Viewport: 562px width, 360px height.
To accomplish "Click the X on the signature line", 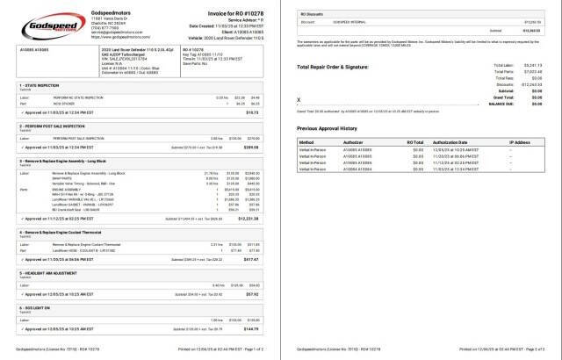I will (300, 98).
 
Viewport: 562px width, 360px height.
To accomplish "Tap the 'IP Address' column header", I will (519, 141).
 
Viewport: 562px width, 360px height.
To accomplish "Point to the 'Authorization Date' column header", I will (456, 141).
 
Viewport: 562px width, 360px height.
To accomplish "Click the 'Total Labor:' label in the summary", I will (505, 65).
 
